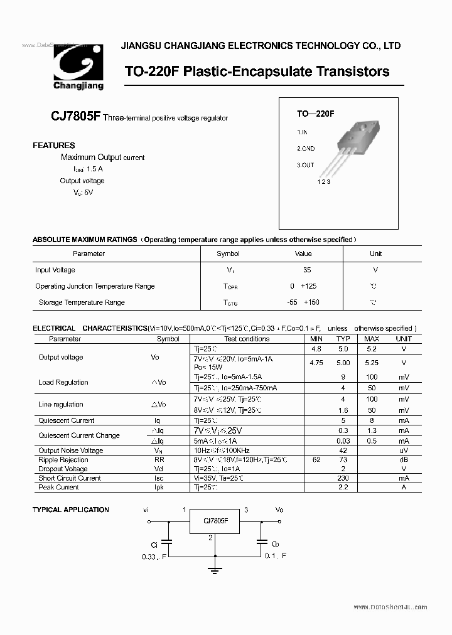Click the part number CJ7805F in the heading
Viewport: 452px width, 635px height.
(x=76, y=117)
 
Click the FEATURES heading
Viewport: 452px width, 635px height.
(x=54, y=146)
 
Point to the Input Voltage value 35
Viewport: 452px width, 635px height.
(x=306, y=270)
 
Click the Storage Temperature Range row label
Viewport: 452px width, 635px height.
(x=82, y=302)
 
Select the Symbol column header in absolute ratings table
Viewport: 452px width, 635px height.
(x=228, y=253)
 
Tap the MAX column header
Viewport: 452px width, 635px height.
(x=372, y=339)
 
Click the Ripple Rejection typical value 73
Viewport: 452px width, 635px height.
(x=343, y=460)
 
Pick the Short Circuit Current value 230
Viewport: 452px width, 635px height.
(x=343, y=478)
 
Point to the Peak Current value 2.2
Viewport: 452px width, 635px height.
(x=343, y=488)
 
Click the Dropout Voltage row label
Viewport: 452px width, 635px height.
(x=63, y=469)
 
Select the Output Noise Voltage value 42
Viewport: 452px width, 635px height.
(x=343, y=451)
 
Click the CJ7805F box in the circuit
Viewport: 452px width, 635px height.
(x=216, y=521)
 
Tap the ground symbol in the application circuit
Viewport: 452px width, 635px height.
(x=215, y=570)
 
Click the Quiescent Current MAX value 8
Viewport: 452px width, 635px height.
(x=372, y=420)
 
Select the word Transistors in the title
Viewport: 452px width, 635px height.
(x=351, y=72)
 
